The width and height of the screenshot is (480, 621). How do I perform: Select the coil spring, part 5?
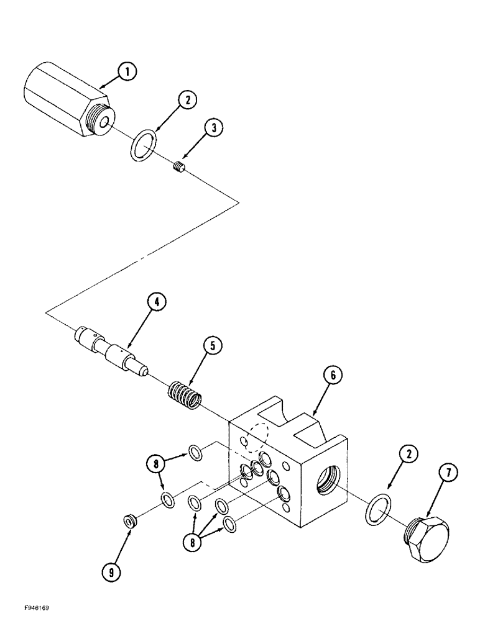pyautogui.click(x=184, y=396)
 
